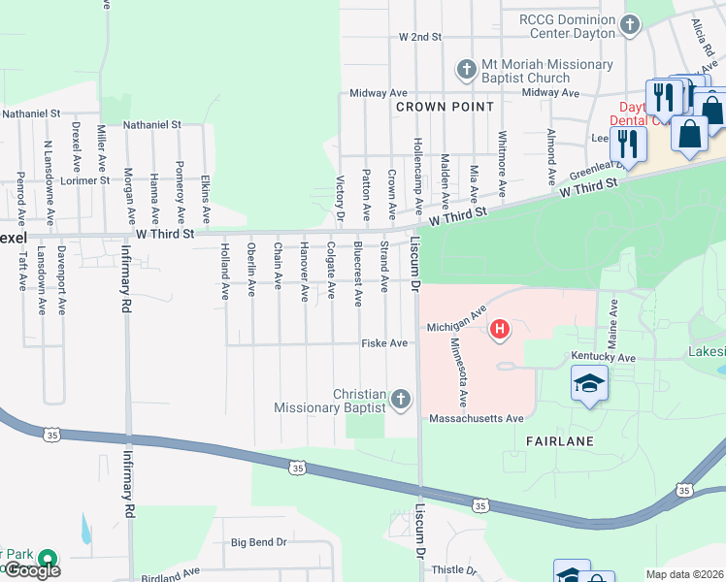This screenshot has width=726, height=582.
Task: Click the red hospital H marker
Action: click(500, 330)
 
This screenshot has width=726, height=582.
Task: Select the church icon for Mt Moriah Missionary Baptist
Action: click(467, 69)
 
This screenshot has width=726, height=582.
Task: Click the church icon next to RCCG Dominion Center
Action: click(630, 24)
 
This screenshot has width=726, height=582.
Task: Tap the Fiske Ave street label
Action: click(384, 343)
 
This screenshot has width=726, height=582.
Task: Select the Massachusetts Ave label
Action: click(478, 418)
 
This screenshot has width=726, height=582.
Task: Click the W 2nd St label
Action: click(419, 37)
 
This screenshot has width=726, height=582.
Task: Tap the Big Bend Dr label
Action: click(259, 542)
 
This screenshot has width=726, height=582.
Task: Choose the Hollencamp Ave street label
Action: click(417, 176)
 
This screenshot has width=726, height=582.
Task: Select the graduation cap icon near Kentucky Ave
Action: click(589, 384)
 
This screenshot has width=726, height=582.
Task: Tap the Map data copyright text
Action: click(685, 574)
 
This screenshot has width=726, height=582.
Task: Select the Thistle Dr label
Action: click(452, 570)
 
